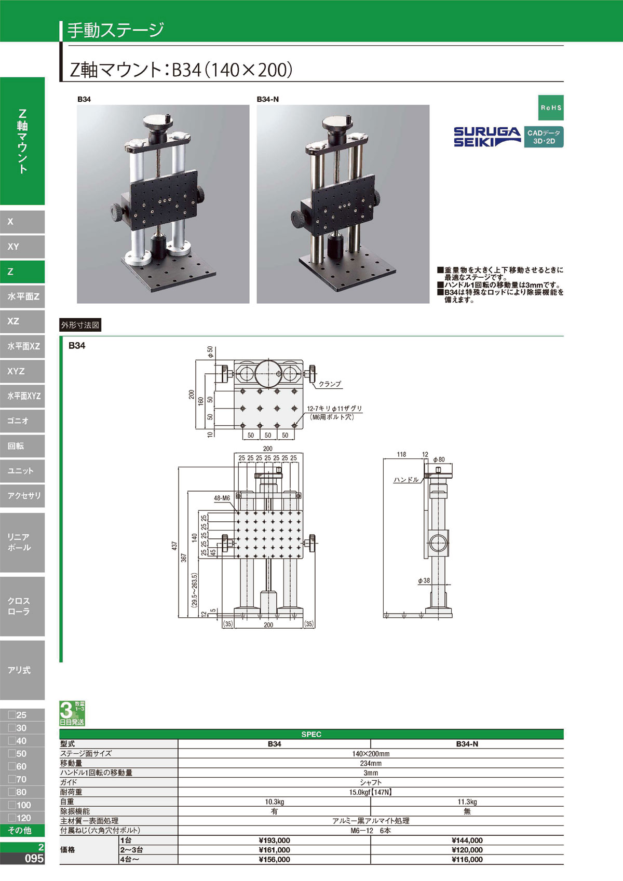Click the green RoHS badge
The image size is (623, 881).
point(551,107)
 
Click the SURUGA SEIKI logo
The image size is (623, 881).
point(487,137)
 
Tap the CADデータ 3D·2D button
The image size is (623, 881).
point(544,137)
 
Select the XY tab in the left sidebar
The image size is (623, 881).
point(22,247)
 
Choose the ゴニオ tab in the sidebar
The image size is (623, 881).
point(22,421)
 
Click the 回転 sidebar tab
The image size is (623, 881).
point(22,446)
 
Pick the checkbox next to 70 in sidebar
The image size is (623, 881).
point(12,779)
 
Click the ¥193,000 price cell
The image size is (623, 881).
point(275,840)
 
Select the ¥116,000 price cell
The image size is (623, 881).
point(467,859)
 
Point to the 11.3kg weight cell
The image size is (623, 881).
point(467,802)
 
